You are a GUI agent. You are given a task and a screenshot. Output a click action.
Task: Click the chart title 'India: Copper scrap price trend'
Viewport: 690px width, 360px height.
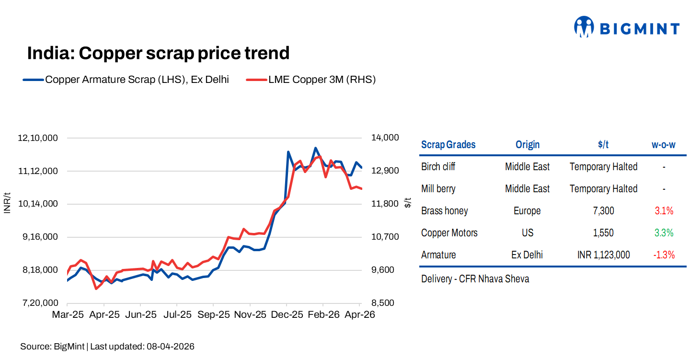[158, 53]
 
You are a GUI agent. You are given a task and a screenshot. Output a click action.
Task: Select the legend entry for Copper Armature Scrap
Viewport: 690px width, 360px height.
[136, 80]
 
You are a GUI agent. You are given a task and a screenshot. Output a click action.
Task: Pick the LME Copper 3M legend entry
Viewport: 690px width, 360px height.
[322, 80]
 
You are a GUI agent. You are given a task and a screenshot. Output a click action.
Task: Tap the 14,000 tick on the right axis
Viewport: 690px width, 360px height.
[385, 138]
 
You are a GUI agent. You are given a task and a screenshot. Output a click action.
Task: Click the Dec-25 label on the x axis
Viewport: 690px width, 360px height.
[287, 315]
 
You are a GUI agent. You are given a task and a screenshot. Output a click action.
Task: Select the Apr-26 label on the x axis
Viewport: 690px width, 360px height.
[359, 315]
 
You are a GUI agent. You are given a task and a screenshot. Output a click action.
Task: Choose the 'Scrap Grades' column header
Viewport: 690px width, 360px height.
[448, 145]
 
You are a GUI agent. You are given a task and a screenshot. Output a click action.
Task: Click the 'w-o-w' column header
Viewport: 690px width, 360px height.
[663, 145]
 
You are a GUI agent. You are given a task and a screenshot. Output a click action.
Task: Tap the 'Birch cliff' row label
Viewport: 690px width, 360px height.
[438, 167]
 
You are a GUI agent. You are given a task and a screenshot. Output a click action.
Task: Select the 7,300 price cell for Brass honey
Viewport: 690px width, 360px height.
[603, 211]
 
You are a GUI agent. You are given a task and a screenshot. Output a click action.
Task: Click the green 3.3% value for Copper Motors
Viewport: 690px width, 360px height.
[664, 233]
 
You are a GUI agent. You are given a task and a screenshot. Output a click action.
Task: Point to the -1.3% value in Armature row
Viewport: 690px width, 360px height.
[664, 255]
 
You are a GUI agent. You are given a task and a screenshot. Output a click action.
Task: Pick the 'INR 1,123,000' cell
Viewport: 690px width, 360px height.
[603, 255]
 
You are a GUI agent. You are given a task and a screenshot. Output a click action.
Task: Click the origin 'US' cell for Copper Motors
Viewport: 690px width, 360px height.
[527, 233]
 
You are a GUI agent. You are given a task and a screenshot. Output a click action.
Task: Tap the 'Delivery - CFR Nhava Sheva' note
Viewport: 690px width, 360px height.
[475, 279]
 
